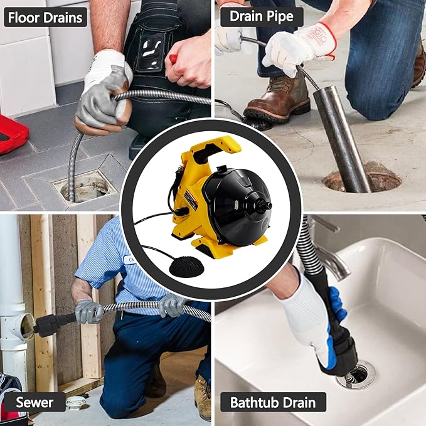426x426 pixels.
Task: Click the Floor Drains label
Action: click(x=45, y=17)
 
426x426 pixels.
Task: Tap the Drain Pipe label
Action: click(x=262, y=17)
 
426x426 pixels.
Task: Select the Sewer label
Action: click(x=35, y=402)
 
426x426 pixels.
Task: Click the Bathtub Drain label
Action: click(x=273, y=402)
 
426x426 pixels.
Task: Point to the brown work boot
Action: click(x=276, y=100)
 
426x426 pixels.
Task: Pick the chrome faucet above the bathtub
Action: click(x=329, y=257)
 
